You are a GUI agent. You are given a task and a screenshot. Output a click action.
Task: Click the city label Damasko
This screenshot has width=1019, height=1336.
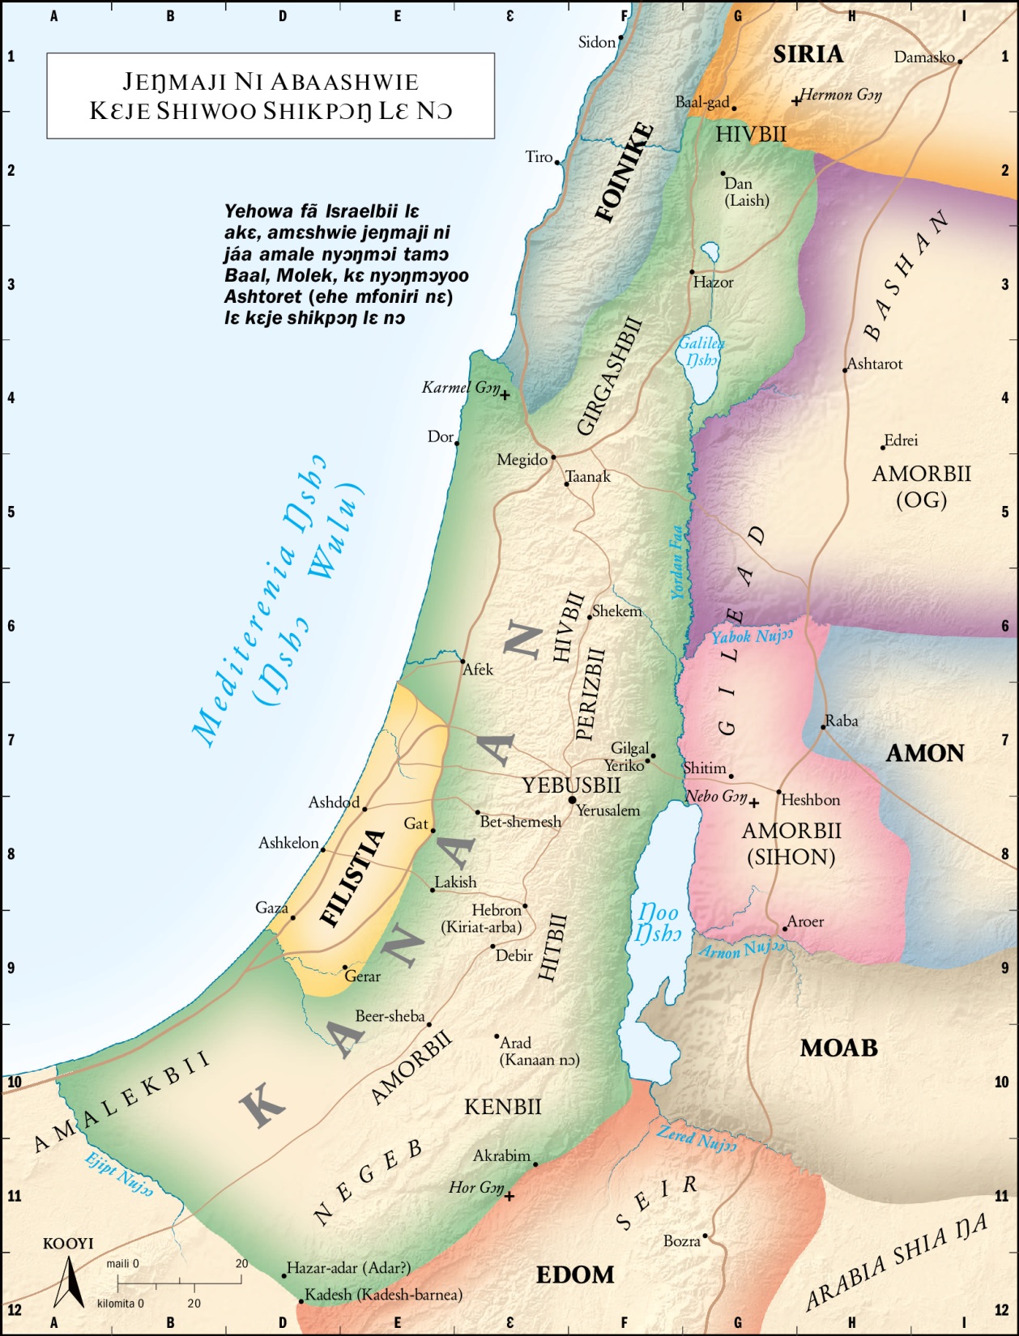[923, 57]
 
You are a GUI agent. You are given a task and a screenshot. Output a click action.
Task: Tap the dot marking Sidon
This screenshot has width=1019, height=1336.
[621, 37]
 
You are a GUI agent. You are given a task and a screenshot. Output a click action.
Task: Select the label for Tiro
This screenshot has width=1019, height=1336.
[539, 157]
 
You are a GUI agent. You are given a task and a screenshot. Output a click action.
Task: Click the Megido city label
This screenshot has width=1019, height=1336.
[522, 460]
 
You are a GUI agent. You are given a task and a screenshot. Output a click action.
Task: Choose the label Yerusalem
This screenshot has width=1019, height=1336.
[608, 811]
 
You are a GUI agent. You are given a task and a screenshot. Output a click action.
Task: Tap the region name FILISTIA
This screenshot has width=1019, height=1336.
[353, 878]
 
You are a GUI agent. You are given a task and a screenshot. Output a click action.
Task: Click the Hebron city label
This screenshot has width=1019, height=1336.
[496, 910]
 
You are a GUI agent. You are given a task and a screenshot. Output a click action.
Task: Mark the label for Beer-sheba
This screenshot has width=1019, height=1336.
[390, 1016]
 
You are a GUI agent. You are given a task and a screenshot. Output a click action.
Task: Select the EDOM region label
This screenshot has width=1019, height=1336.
[575, 1275]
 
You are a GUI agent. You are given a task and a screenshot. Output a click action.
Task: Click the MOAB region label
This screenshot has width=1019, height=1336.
[839, 1049]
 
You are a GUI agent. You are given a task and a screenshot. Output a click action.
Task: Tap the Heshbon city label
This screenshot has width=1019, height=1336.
[811, 800]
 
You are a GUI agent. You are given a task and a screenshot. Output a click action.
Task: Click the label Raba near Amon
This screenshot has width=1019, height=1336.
[842, 721]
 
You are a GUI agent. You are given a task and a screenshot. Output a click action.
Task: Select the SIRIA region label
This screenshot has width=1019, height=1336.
[808, 54]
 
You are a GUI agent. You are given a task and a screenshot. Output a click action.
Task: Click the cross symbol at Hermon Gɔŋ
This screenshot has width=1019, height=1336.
[796, 101]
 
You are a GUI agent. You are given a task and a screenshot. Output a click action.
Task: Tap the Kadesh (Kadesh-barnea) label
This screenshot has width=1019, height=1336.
[383, 1295]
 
